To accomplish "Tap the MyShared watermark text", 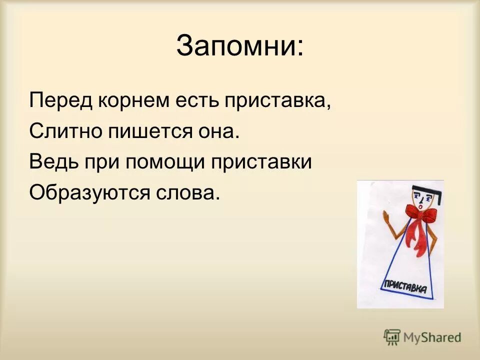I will pyautogui.click(x=432, y=337).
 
